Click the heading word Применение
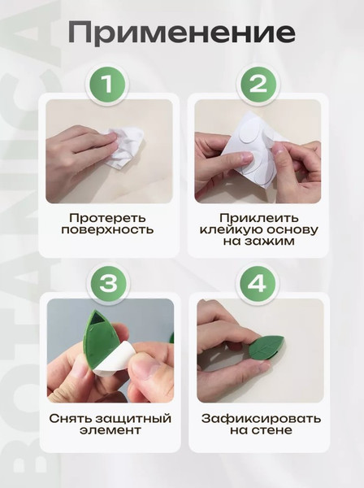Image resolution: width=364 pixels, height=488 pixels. click(x=181, y=33)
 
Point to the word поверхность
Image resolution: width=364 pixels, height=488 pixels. click(x=107, y=230)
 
